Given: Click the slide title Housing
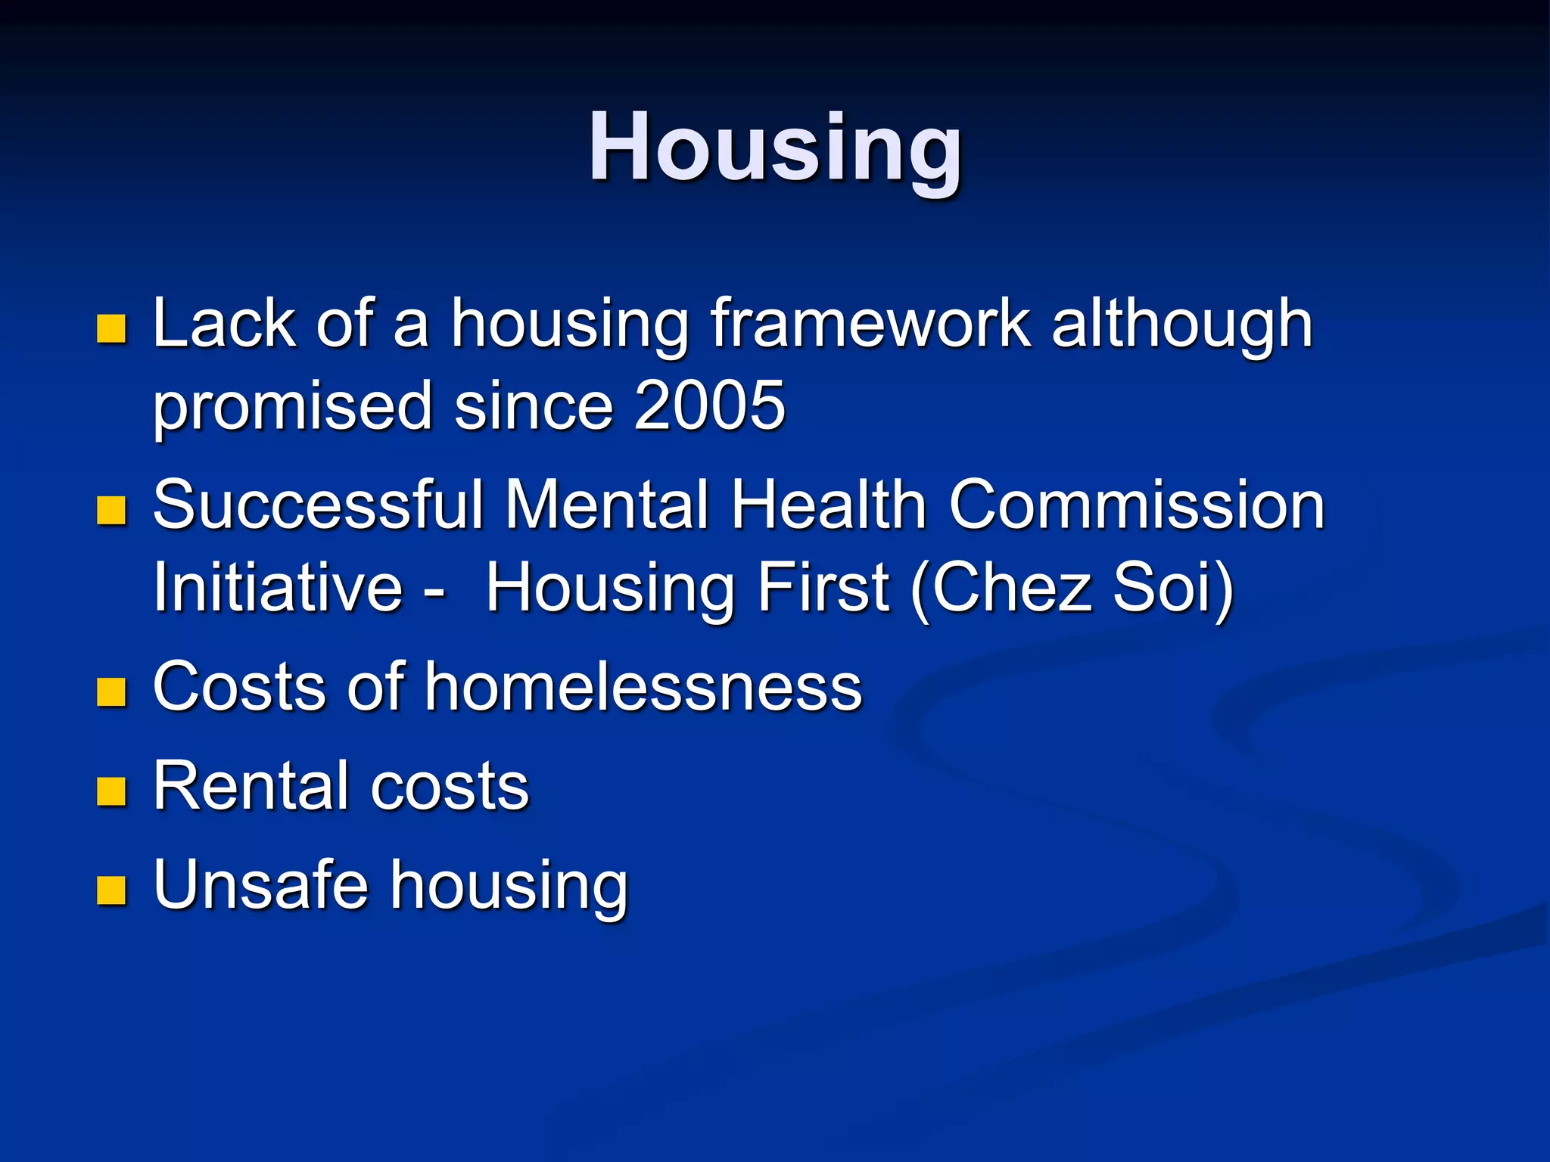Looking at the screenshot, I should [775, 148].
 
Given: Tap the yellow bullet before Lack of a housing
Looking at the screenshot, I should [111, 329].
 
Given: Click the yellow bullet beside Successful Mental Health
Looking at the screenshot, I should [111, 511].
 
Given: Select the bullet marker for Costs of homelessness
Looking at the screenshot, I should [111, 691].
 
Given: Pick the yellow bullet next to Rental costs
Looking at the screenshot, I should [111, 791].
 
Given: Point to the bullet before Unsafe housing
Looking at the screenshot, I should [111, 890].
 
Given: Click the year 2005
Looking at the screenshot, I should [709, 406].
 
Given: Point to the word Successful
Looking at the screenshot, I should [318, 505].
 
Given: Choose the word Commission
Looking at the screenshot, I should [1136, 505].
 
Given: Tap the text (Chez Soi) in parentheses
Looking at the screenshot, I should [1072, 589].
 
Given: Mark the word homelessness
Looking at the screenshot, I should [643, 687].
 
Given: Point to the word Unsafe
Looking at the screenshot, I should [260, 885].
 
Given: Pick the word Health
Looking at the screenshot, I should [828, 505].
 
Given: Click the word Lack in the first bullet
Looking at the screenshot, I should [224, 324].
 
